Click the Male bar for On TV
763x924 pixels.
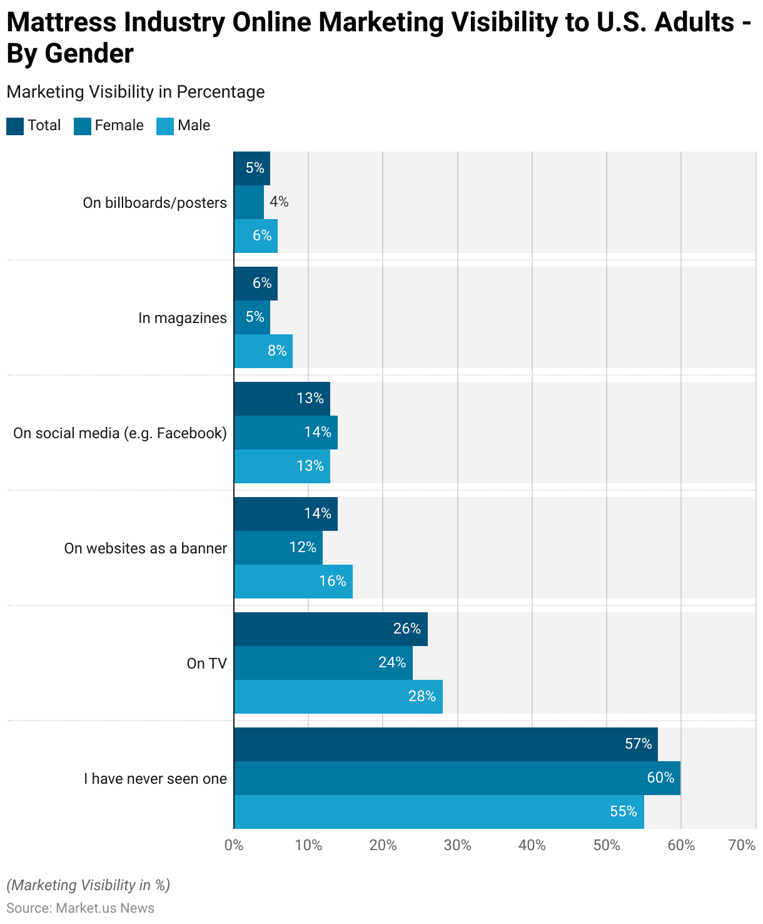338,697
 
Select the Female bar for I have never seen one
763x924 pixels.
457,778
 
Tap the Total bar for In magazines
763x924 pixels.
256,284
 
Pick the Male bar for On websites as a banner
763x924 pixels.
293,582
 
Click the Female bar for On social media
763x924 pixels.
286,433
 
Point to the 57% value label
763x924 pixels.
639,744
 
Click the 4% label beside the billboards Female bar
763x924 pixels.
279,202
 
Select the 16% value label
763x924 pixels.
333,582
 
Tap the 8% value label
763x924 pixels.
277,351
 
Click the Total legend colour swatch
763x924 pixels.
15,126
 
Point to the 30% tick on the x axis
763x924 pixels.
457,845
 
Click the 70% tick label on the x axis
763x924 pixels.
742,845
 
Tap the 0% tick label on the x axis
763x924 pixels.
234,845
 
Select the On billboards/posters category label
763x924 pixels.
154,203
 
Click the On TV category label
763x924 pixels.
206,664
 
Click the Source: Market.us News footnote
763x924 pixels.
80,908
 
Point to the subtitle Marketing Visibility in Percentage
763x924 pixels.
136,92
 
